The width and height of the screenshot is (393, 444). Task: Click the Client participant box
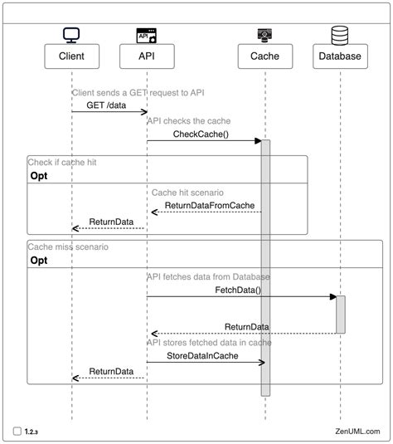click(x=71, y=56)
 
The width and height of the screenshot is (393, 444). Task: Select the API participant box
click(x=147, y=56)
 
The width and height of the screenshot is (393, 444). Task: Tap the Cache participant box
click(x=264, y=56)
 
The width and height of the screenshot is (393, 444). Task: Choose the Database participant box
click(x=340, y=56)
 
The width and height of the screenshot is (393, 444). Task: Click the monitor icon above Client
click(x=71, y=35)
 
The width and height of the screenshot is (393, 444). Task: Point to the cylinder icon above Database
click(x=340, y=35)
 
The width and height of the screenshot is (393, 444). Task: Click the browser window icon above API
click(x=147, y=35)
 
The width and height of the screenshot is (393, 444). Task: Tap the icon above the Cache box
click(x=264, y=35)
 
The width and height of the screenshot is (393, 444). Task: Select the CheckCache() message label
click(x=201, y=134)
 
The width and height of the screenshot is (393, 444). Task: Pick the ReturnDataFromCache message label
click(x=209, y=205)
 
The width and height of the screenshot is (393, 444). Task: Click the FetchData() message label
click(x=238, y=290)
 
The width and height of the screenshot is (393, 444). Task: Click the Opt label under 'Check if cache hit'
click(x=39, y=177)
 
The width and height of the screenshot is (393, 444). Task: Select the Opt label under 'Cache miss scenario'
click(x=39, y=261)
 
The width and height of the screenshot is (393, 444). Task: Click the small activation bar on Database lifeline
click(x=340, y=315)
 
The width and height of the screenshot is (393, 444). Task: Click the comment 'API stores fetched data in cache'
click(x=209, y=342)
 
